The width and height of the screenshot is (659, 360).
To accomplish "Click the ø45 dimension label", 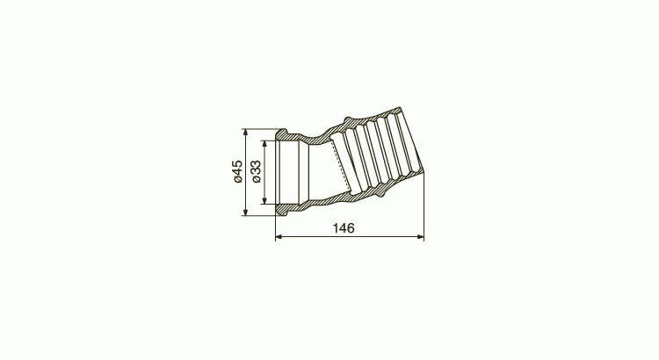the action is (x=238, y=171).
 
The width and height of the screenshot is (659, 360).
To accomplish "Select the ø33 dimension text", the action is (x=257, y=172).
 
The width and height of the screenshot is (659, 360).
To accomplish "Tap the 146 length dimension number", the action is (x=344, y=228).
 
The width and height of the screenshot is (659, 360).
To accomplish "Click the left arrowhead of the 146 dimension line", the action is (x=279, y=237).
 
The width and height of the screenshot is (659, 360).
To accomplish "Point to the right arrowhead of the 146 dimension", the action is (x=421, y=237).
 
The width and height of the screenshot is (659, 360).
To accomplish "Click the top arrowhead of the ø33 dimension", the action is (x=264, y=144).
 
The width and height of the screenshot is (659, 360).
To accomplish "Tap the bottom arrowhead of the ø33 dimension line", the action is (x=264, y=200).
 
